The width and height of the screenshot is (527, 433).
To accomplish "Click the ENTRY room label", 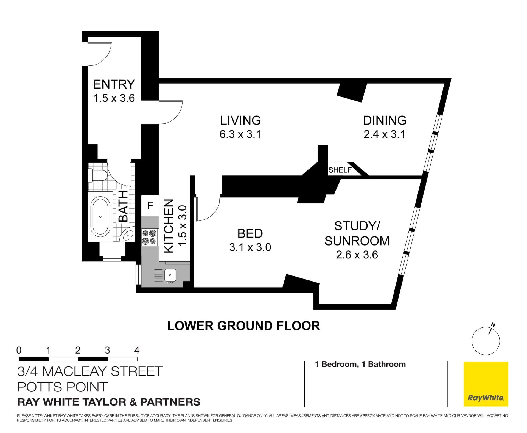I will tap(114, 84).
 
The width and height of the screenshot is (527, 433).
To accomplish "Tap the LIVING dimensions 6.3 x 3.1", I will tap(240, 134).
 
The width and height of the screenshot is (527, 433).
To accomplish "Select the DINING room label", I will tap(385, 120).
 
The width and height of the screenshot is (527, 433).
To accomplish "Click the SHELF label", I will tap(340, 170).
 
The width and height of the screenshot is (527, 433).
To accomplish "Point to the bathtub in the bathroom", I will tap(100, 217).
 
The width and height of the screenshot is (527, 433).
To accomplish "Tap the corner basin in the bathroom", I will tap(128, 235).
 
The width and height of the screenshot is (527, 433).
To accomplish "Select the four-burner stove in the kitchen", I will tap(149, 237).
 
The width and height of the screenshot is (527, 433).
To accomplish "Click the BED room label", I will tap(250, 234).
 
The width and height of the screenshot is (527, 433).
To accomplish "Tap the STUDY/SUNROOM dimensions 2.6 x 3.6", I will tap(357, 255).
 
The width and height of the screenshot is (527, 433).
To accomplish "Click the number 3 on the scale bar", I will tap(107, 350).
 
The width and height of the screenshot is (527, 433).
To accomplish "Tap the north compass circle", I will tap(486, 341).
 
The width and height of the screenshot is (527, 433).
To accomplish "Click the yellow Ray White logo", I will tap(486, 384).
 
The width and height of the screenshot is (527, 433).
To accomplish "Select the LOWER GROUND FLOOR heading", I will tap(243, 326).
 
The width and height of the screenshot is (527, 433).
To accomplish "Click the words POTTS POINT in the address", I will tap(62, 387).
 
